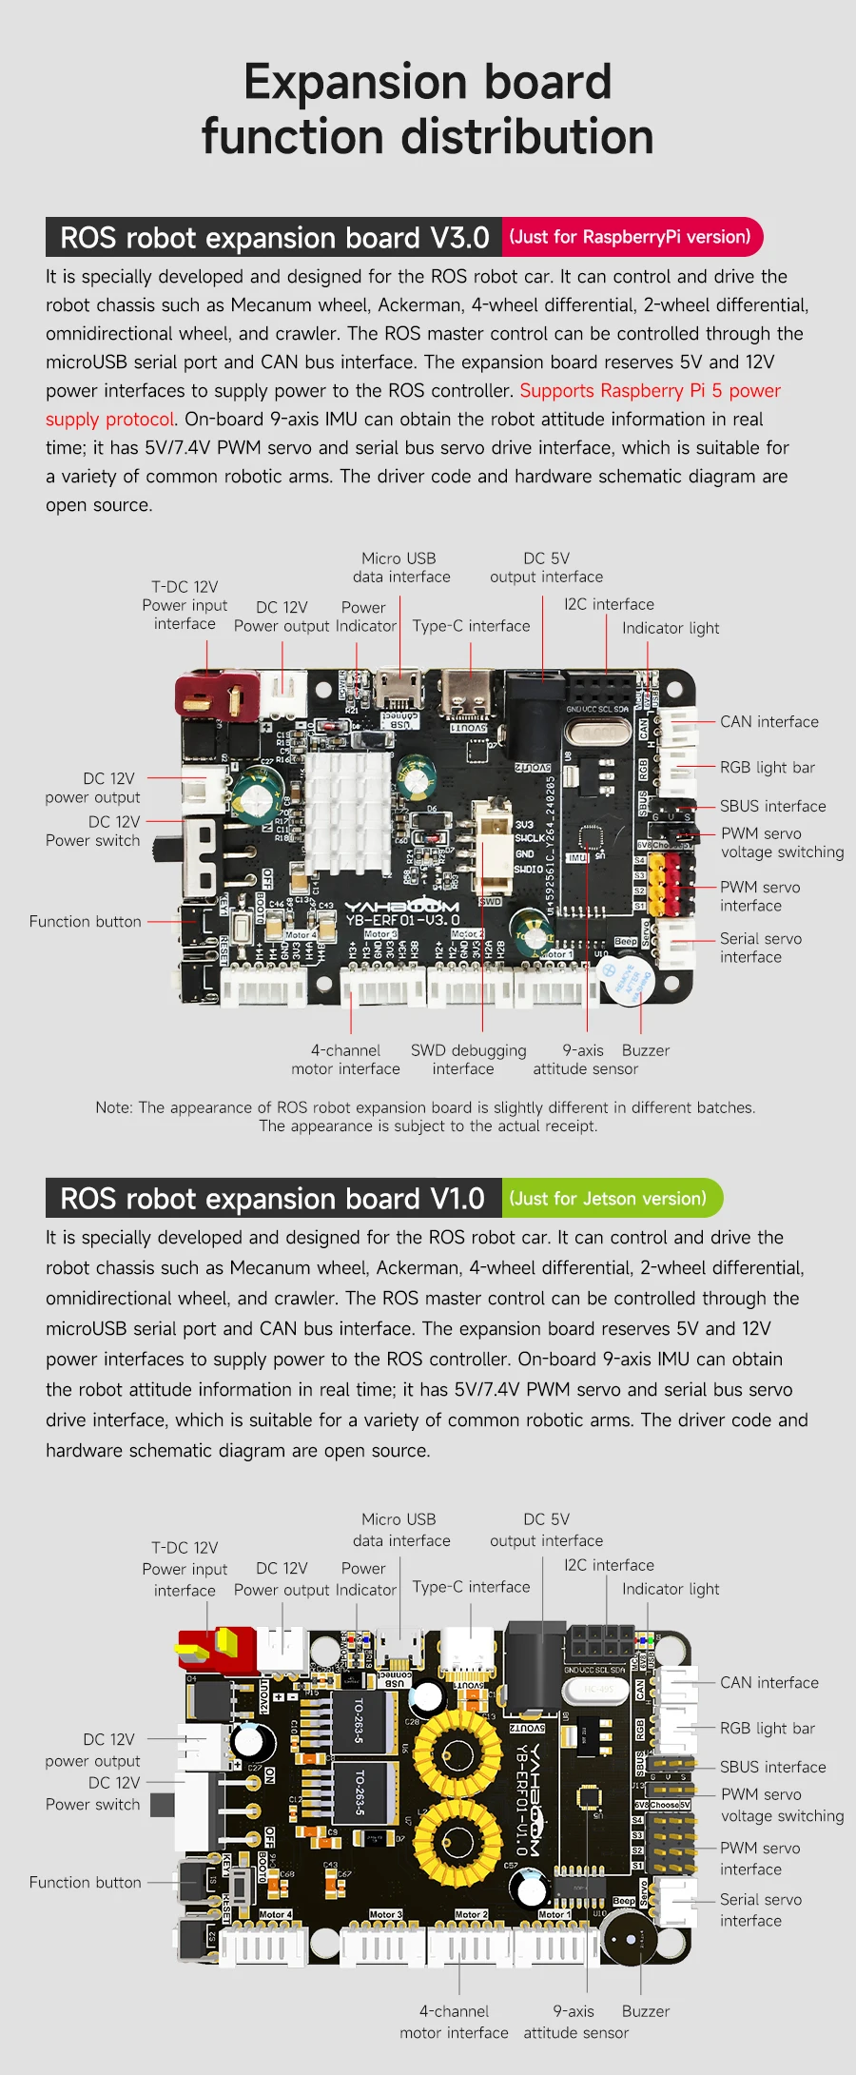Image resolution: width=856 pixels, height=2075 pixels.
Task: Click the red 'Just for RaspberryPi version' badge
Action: [x=631, y=237]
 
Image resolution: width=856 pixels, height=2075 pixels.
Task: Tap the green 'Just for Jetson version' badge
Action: [x=609, y=1199]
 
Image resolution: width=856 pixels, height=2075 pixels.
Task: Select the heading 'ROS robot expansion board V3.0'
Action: [x=274, y=237]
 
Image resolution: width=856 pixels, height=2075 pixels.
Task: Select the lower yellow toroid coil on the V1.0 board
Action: [x=458, y=1846]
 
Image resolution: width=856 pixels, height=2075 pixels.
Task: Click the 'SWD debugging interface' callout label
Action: [x=468, y=1060]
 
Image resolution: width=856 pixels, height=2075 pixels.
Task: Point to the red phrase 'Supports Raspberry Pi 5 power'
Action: [x=650, y=391]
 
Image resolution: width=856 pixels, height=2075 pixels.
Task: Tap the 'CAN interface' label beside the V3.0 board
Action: [x=768, y=722]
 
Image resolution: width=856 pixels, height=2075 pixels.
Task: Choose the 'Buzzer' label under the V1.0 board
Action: [x=645, y=2011]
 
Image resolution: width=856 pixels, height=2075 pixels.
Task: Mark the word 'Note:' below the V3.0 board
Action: [x=115, y=1107]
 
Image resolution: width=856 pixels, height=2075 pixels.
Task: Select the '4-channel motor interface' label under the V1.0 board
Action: [x=454, y=2022]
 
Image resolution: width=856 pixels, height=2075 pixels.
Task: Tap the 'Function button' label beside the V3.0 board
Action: [x=85, y=922]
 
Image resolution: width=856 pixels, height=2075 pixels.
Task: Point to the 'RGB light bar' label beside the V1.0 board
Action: [x=767, y=1729]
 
